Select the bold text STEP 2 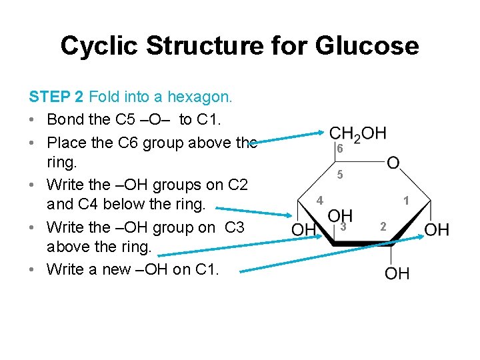click(57, 97)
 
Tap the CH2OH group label click(358, 133)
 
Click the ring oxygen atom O click(394, 162)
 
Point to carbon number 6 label click(339, 149)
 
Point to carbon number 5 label click(340, 175)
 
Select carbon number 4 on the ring click(320, 200)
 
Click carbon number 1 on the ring click(406, 200)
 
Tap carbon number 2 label click(383, 227)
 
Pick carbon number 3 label click(343, 227)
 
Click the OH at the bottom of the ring click(397, 273)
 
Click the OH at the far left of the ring click(304, 231)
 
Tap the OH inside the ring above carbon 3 click(341, 215)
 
